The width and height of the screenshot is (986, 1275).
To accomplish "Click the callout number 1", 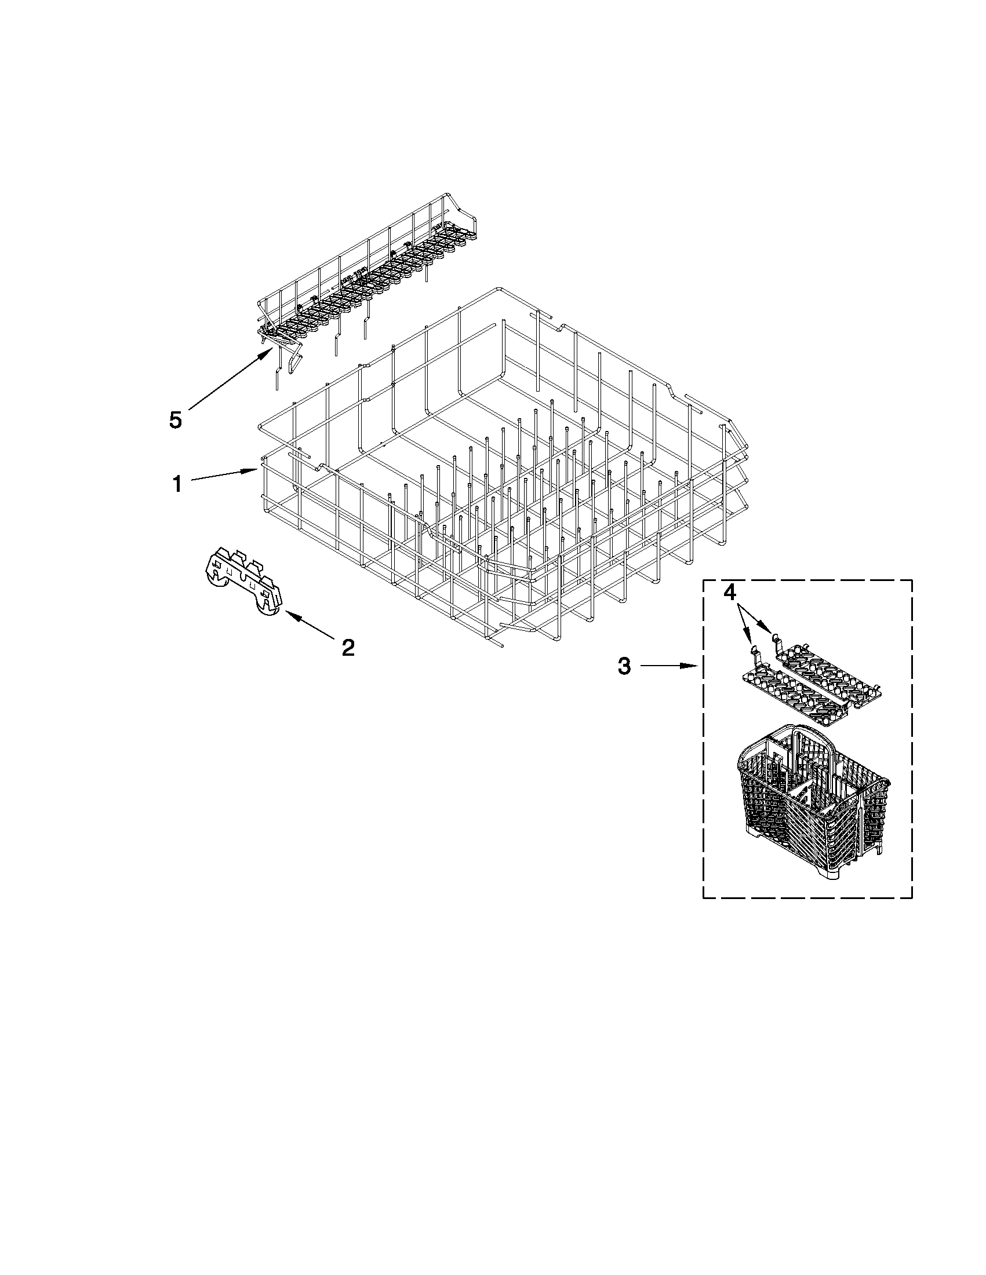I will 177,483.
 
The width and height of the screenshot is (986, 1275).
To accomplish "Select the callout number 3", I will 624,666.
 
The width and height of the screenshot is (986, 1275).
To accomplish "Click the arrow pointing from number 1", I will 224,476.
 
